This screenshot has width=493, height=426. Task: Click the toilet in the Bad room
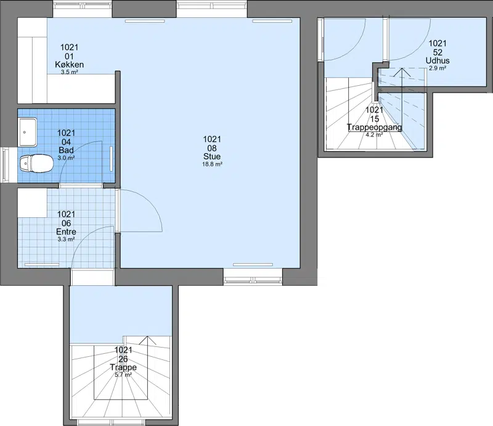[36, 164]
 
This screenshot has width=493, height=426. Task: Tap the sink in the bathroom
[28, 132]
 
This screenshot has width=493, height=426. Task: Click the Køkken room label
[69, 65]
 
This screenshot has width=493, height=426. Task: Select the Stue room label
[212, 156]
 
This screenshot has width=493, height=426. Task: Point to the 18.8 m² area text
[212, 164]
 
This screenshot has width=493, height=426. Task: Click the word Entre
[66, 232]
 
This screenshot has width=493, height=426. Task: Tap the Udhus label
[438, 61]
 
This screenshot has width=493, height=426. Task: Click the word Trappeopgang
[374, 127]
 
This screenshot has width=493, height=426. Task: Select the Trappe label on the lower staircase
[123, 367]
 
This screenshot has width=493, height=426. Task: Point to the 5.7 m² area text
[123, 375]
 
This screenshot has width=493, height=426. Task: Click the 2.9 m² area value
[438, 68]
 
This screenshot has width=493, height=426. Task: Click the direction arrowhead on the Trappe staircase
[147, 340]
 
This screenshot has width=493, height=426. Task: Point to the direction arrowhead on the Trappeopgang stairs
[402, 72]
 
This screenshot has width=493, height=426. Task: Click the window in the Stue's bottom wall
[253, 277]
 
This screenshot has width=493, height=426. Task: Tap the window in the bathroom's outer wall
[4, 165]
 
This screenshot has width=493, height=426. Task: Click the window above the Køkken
[83, 9]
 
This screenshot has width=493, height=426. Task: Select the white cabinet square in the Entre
[33, 203]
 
